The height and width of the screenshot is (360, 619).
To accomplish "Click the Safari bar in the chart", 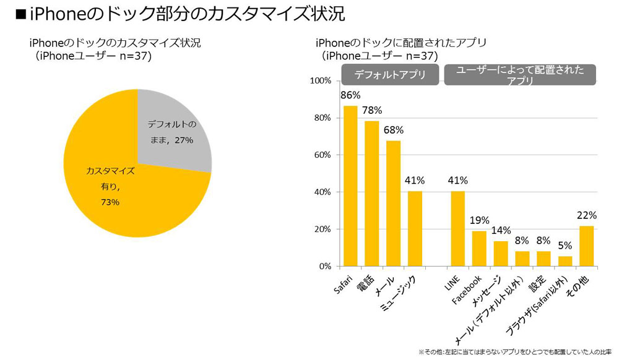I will pyautogui.click(x=350, y=186).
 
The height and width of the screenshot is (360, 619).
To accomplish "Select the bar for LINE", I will pyautogui.click(x=457, y=229).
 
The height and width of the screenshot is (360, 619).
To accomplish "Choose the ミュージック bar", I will pyautogui.click(x=414, y=229).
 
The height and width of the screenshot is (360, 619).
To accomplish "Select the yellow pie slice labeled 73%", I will pyautogui.click(x=124, y=186).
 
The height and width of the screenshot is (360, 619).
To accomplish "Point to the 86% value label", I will pyautogui.click(x=350, y=95).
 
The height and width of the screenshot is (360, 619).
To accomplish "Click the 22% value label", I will pyautogui.click(x=586, y=215).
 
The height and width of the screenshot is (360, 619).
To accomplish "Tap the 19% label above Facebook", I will pyautogui.click(x=480, y=220).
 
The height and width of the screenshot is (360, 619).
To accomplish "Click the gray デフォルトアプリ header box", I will pyautogui.click(x=390, y=75).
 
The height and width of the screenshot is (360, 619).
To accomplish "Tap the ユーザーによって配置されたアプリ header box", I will pyautogui.click(x=520, y=75).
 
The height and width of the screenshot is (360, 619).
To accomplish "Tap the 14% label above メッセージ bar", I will pyautogui.click(x=501, y=231).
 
